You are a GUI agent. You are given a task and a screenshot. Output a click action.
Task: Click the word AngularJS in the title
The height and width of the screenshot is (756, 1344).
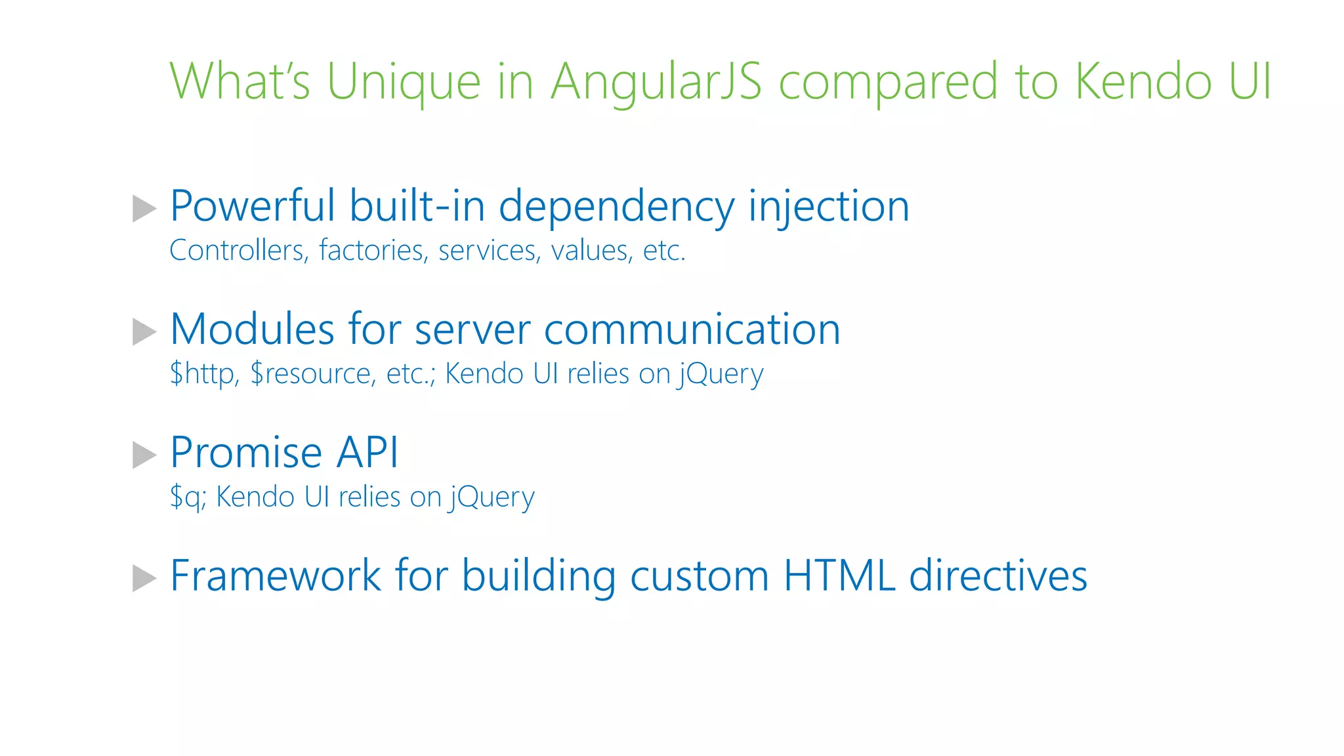[656, 81]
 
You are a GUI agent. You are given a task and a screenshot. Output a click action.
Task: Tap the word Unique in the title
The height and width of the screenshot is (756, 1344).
[404, 81]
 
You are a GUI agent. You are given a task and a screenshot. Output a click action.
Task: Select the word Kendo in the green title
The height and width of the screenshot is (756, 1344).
[1143, 81]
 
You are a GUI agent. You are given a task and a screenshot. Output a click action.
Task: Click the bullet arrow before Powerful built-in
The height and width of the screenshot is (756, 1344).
[144, 209]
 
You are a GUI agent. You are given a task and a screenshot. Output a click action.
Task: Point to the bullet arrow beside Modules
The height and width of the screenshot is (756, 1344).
[144, 331]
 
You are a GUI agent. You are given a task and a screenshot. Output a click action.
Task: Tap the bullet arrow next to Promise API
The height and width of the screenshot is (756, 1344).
[144, 455]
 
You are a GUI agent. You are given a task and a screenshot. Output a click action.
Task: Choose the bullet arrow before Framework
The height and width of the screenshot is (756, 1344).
[144, 578]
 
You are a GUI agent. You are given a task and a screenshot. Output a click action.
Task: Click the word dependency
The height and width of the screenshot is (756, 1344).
[616, 207]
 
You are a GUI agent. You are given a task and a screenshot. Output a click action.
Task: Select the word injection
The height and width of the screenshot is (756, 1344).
[828, 207]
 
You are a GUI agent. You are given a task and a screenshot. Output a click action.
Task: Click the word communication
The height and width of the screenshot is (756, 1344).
[692, 329]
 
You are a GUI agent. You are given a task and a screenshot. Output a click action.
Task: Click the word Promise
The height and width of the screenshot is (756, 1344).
[246, 453]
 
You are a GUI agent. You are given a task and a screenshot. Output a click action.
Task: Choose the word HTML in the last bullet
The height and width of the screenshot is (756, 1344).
[839, 576]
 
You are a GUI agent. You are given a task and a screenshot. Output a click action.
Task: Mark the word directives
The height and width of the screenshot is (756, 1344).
[997, 576]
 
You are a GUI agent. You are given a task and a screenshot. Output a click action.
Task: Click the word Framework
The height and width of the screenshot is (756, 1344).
[275, 576]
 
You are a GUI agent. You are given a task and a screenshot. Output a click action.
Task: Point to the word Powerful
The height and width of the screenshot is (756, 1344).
[253, 206]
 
